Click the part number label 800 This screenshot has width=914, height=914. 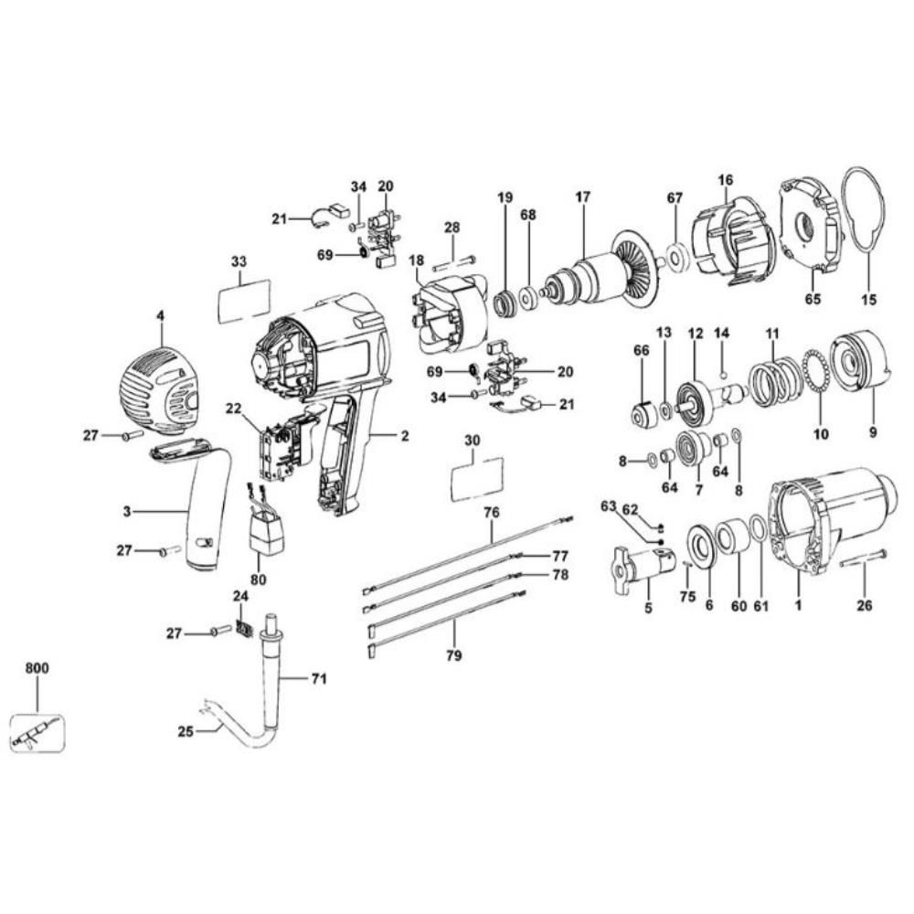coord(37,668)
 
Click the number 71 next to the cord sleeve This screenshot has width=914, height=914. coord(317,678)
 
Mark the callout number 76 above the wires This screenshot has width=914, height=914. coord(492,513)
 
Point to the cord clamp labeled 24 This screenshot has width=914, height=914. coord(244,630)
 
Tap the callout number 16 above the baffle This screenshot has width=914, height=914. coord(725,181)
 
